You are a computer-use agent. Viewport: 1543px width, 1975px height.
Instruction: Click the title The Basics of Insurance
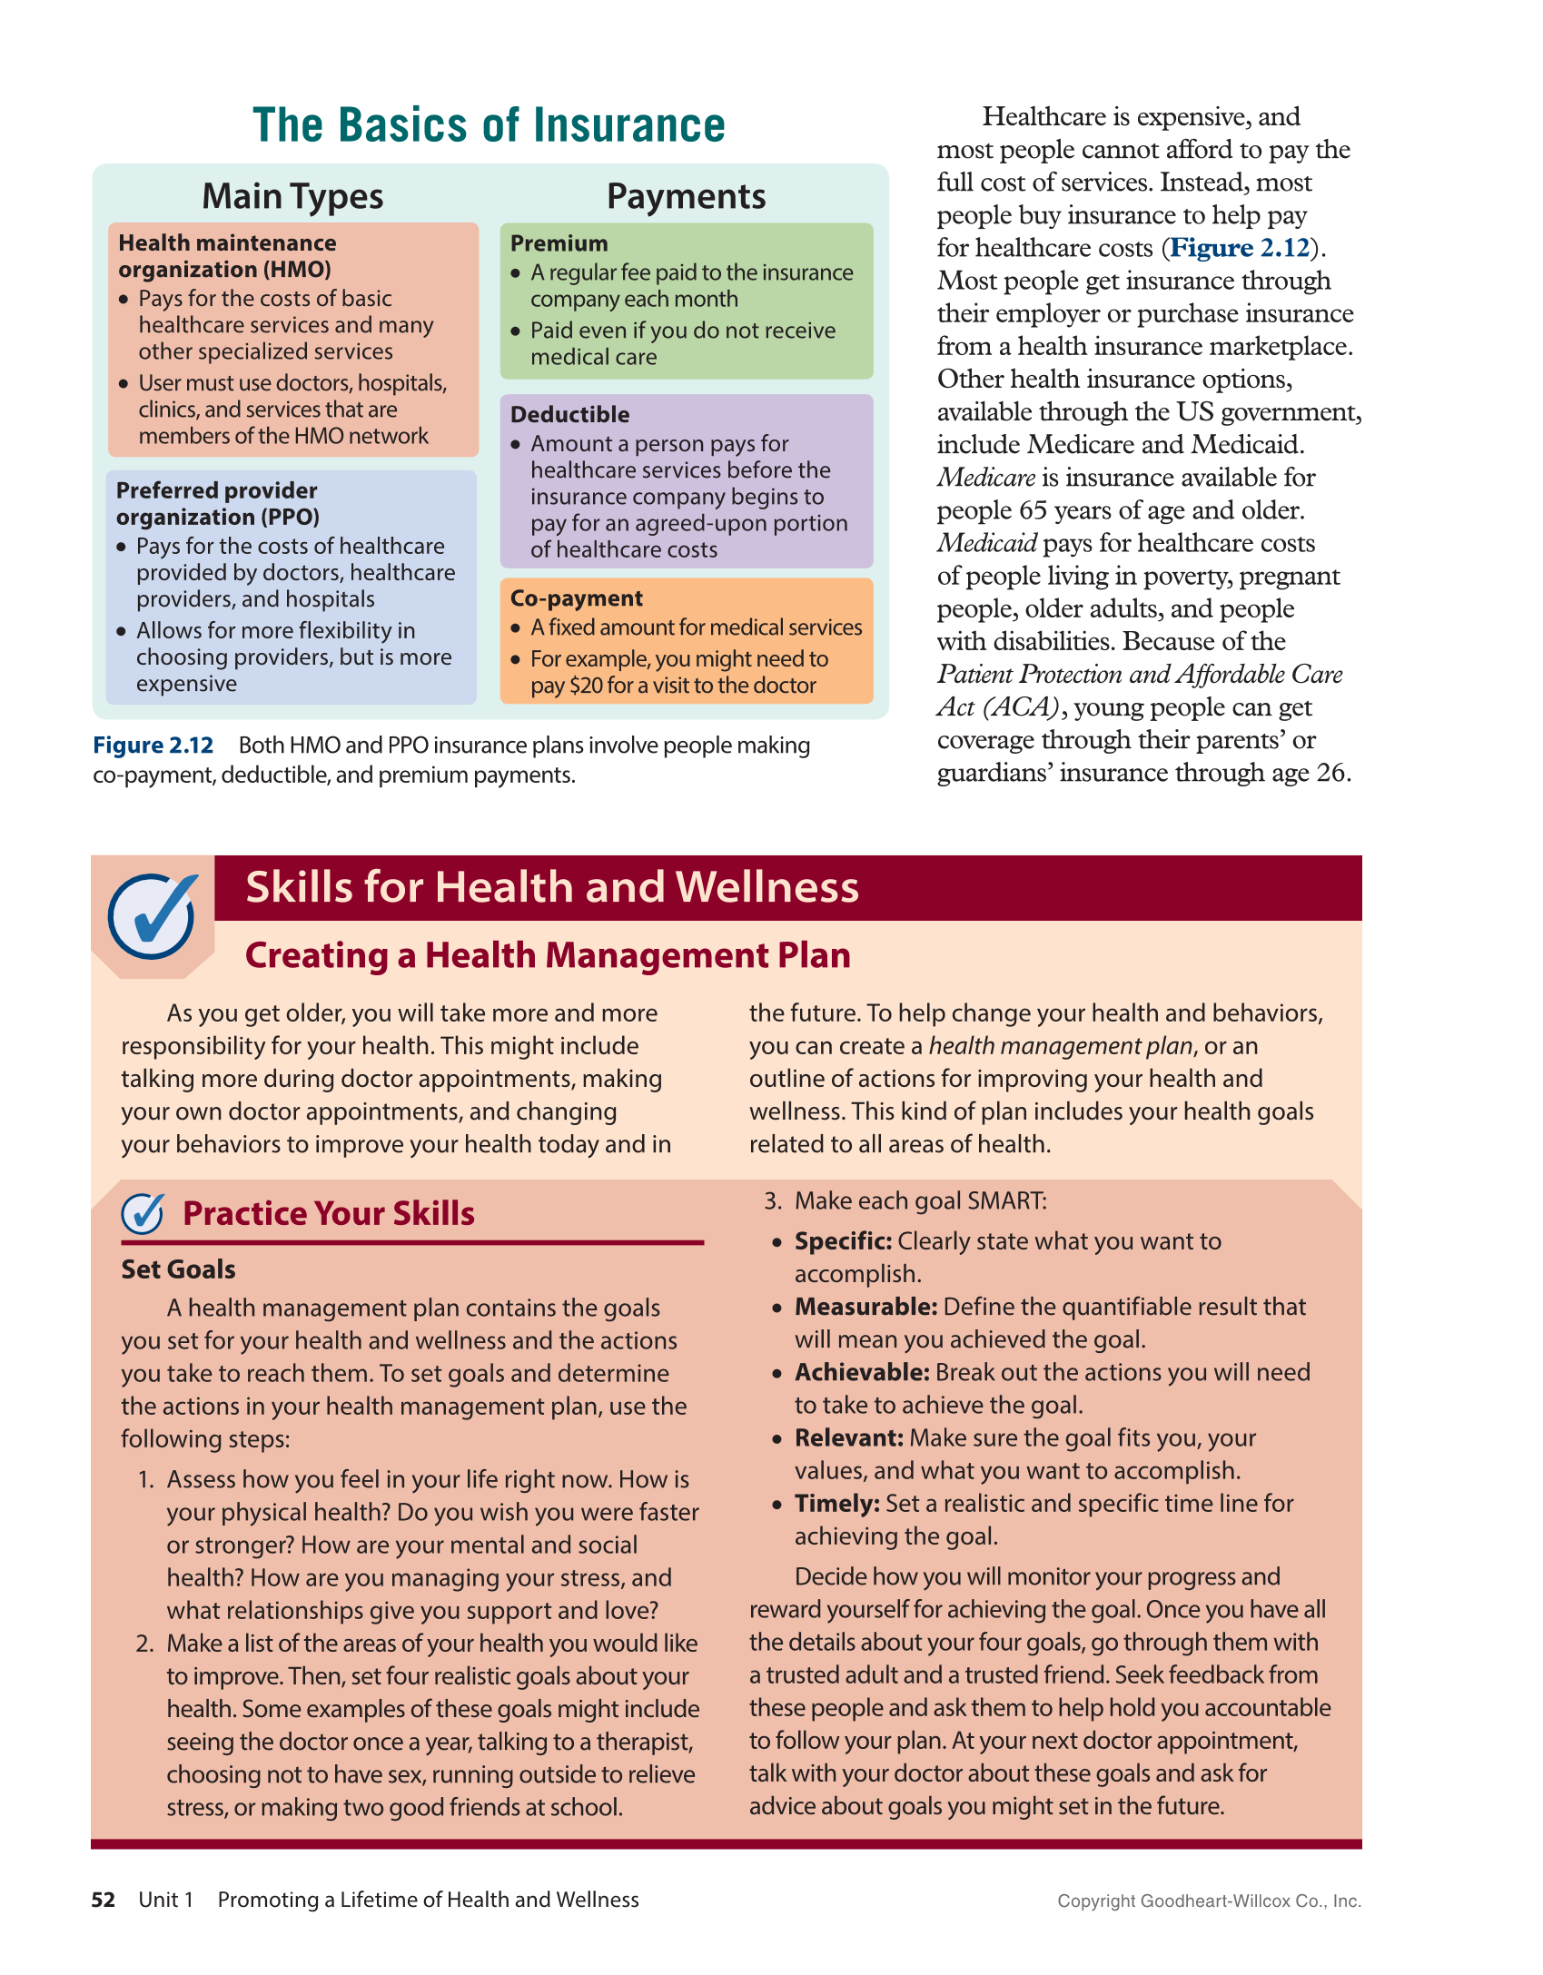pos(489,125)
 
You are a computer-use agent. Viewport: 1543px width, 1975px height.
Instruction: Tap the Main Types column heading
pos(292,196)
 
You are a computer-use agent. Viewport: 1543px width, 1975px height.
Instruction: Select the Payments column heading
pos(686,196)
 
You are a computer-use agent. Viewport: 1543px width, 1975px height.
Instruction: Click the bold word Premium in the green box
pos(559,243)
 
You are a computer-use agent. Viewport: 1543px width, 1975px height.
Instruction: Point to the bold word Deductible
pos(569,414)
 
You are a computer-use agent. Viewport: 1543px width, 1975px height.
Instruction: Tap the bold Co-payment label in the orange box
pos(576,598)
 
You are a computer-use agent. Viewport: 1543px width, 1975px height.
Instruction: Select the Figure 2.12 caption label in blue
pos(153,746)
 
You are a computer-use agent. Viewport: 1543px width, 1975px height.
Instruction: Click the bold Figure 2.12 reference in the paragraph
pos(1240,248)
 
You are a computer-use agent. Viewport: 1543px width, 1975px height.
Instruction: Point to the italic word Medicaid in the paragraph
pos(986,543)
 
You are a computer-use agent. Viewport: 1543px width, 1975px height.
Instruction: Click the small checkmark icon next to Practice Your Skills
pos(143,1213)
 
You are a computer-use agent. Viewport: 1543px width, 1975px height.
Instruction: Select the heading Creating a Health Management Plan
pos(548,955)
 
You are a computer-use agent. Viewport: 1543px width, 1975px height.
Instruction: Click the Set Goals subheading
pos(178,1269)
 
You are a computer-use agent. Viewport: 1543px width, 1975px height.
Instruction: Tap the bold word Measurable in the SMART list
pos(865,1307)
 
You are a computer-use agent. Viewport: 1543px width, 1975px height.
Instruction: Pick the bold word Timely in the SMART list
pos(836,1504)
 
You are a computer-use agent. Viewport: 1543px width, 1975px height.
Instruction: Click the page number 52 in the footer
pos(103,1900)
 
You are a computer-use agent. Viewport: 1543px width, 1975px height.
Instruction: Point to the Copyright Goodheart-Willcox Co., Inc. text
pos(1208,1901)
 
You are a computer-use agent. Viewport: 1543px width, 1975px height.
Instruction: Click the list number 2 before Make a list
pos(145,1644)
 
